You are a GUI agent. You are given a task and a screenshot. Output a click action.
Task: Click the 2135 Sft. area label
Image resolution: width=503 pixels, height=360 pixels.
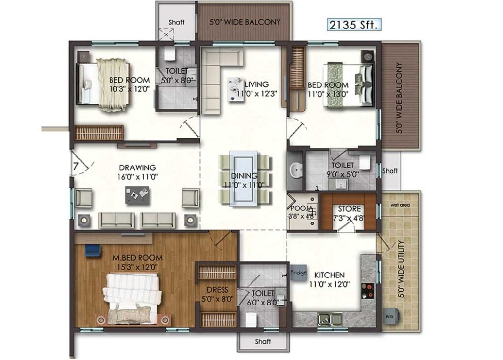[354, 25]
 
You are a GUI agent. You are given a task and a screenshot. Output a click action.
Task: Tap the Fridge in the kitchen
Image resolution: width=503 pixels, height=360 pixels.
[298, 273]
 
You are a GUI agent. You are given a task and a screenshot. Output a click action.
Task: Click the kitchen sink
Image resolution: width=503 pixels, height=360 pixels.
[330, 319]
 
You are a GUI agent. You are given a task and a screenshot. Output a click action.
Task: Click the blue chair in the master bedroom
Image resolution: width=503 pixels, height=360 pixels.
[93, 250]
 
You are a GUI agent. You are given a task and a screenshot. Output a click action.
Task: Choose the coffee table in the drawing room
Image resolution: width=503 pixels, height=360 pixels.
[138, 195]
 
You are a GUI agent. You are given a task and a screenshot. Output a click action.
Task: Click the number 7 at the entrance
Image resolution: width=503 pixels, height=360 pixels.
[76, 166]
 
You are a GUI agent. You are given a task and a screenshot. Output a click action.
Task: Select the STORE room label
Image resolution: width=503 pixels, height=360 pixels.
[349, 209]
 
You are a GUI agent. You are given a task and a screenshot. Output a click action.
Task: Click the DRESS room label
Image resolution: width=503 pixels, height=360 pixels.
[218, 290]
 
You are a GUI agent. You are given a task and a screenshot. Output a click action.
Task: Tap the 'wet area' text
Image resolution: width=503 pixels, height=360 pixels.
[400, 205]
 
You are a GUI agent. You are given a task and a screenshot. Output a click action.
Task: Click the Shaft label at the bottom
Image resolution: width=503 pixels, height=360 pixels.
[263, 341]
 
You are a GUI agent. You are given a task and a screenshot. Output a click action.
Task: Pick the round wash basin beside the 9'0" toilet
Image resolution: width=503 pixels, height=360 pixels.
[295, 170]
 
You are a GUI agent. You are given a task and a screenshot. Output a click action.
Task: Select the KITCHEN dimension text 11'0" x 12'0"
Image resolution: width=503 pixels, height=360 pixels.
[330, 284]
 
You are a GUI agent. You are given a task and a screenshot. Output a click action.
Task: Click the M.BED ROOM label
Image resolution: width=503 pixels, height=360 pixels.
[138, 257]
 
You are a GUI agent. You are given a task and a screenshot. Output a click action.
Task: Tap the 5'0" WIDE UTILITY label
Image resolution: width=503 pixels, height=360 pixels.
[401, 269]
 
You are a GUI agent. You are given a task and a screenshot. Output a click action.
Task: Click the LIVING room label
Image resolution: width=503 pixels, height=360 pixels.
[256, 84]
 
